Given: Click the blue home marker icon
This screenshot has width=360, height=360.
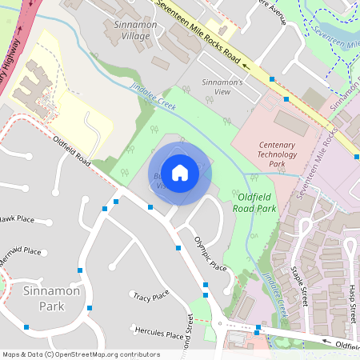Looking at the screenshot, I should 180,172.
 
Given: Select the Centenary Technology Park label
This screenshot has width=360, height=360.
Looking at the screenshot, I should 261,154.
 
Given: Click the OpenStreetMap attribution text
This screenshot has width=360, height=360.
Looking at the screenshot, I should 80,354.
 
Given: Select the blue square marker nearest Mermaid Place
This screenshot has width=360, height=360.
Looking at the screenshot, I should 80,270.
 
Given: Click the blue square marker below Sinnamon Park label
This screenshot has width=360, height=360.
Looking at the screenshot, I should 90,307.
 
